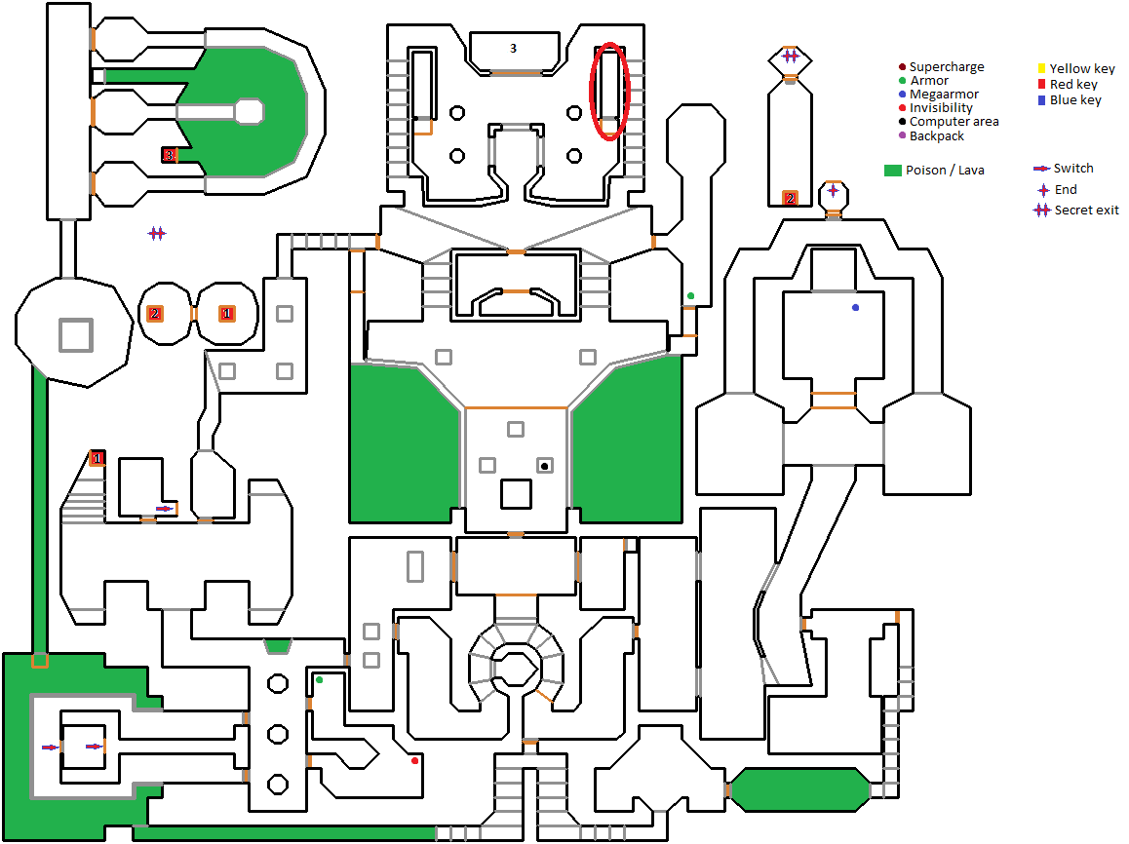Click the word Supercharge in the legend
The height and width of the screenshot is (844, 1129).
pyautogui.click(x=947, y=67)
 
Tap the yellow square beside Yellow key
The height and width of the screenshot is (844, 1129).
pyautogui.click(x=1041, y=68)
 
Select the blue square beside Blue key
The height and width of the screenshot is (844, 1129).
pyautogui.click(x=1041, y=99)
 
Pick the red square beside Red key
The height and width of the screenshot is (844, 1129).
pyautogui.click(x=1041, y=84)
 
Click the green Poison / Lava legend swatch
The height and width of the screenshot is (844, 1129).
pyautogui.click(x=892, y=171)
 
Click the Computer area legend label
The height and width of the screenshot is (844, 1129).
pyautogui.click(x=954, y=122)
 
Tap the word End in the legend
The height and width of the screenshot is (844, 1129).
pyautogui.click(x=1066, y=190)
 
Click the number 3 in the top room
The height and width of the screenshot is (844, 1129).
pyautogui.click(x=513, y=47)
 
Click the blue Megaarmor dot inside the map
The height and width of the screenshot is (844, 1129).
pyautogui.click(x=855, y=308)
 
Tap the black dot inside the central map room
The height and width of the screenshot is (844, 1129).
pyautogui.click(x=544, y=466)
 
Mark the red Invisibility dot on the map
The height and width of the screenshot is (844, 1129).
pyautogui.click(x=414, y=760)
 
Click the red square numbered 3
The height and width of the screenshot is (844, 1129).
pyautogui.click(x=169, y=155)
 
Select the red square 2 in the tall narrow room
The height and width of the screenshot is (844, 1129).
pyautogui.click(x=790, y=199)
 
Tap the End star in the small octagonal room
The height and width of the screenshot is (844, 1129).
pyautogui.click(x=833, y=191)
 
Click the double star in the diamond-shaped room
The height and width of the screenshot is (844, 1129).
pyautogui.click(x=790, y=56)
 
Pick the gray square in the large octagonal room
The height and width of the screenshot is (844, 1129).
pyautogui.click(x=74, y=334)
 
